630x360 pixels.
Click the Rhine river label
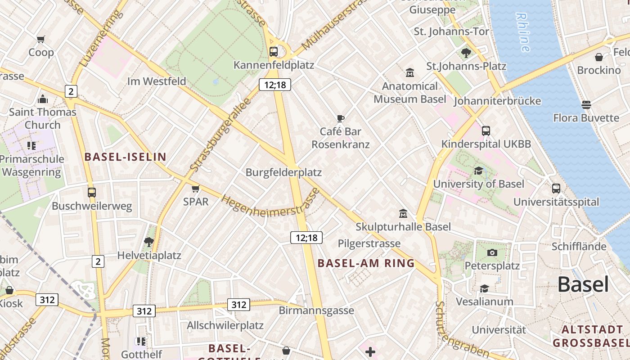523,32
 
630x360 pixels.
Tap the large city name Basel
583,284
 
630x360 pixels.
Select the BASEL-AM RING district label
366,263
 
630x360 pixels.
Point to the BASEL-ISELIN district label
125,157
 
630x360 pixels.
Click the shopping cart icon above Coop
41,40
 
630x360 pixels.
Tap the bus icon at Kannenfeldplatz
274,51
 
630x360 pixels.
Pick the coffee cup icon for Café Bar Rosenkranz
341,118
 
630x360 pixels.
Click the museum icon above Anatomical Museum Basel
410,72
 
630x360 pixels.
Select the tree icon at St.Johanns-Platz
466,53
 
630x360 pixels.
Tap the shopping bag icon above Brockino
599,57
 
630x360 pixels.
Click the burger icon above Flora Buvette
586,105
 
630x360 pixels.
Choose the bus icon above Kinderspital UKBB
486,131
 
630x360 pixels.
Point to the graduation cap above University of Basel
478,171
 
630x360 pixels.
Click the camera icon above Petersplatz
492,252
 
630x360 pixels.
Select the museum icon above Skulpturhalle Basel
403,213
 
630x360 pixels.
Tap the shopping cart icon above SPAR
195,189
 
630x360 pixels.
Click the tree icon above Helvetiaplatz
149,243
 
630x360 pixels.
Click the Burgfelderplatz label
283,172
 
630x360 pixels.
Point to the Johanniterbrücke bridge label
497,101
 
